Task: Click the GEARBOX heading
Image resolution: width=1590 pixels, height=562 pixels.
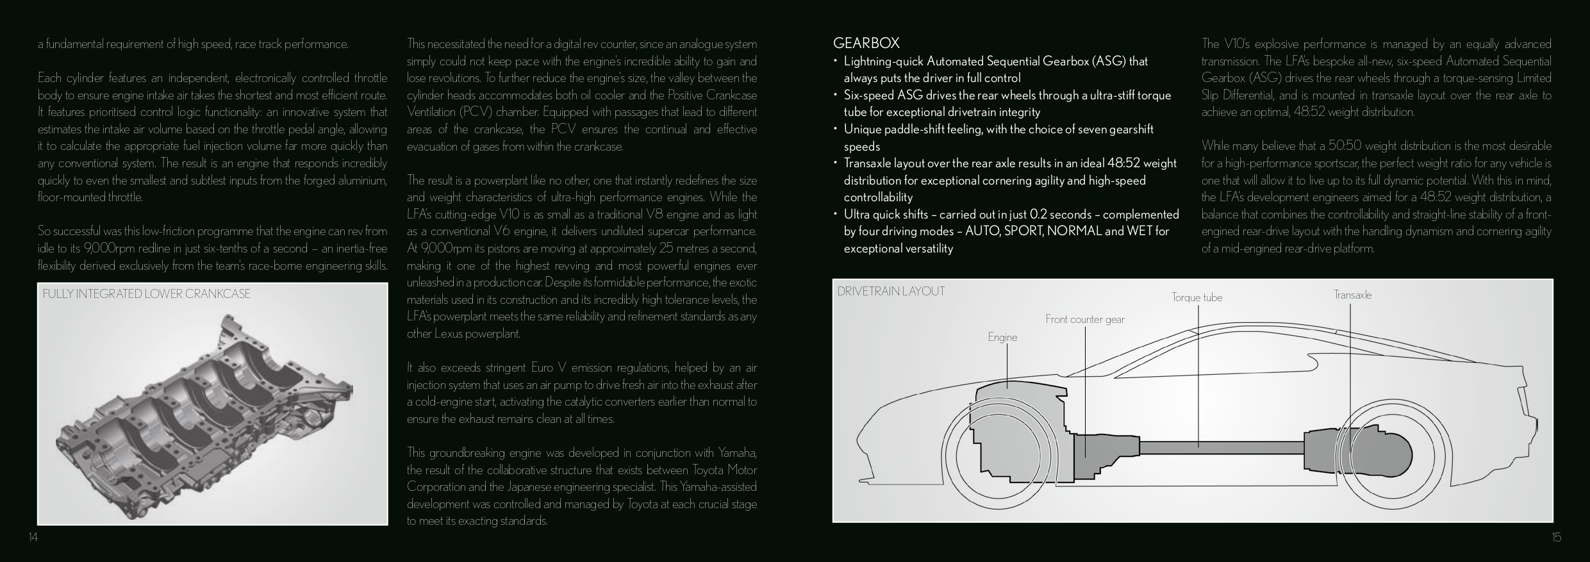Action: click(866, 44)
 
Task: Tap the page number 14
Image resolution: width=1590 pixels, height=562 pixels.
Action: click(33, 538)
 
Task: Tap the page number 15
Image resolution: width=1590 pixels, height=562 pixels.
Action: click(1556, 538)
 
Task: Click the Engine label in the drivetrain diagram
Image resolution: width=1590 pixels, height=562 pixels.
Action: click(1002, 337)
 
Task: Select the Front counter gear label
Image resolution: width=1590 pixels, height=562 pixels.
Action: click(1084, 319)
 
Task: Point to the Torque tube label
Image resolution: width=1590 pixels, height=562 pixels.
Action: click(1197, 297)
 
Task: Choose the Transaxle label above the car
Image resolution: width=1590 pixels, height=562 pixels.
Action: click(1352, 295)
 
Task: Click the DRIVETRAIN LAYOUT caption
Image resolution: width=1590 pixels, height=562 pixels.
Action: click(891, 292)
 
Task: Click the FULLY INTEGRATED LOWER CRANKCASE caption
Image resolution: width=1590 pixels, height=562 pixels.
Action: click(146, 294)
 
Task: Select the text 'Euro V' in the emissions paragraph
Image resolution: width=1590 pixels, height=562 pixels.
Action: click(549, 368)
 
